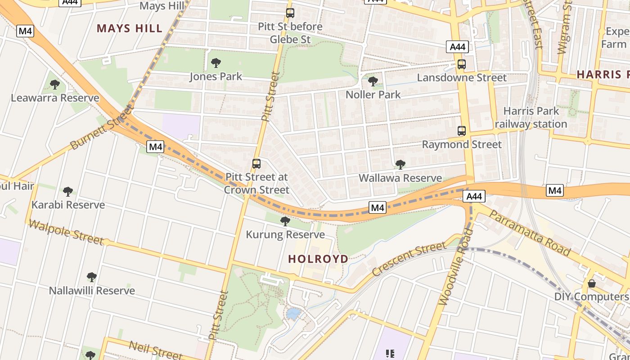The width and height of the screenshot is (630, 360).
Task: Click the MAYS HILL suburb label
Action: click(x=130, y=28)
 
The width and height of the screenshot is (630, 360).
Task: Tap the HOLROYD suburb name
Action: click(x=318, y=259)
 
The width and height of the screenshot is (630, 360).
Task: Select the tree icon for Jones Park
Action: click(x=216, y=63)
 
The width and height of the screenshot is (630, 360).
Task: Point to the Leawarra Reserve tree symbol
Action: click(x=55, y=84)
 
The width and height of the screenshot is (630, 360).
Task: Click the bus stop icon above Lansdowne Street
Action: click(x=462, y=64)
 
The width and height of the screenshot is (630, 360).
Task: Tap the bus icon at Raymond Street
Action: click(x=462, y=131)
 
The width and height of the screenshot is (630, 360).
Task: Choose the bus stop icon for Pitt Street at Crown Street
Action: click(x=256, y=164)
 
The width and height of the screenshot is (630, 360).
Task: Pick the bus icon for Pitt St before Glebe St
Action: click(x=290, y=13)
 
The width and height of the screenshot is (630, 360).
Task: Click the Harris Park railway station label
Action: click(x=531, y=117)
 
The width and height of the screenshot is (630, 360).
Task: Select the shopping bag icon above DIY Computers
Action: click(x=592, y=283)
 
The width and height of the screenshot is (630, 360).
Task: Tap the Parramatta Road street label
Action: click(x=530, y=233)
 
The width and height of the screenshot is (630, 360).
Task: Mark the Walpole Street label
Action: click(x=66, y=231)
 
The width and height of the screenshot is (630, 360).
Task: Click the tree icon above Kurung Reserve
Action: click(x=285, y=221)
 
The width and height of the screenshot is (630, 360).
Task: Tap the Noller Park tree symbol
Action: click(x=373, y=81)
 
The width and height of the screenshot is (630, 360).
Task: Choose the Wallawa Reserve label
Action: click(x=400, y=178)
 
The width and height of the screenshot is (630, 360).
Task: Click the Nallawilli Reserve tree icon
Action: click(x=92, y=277)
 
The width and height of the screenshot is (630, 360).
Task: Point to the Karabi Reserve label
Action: click(x=68, y=205)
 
